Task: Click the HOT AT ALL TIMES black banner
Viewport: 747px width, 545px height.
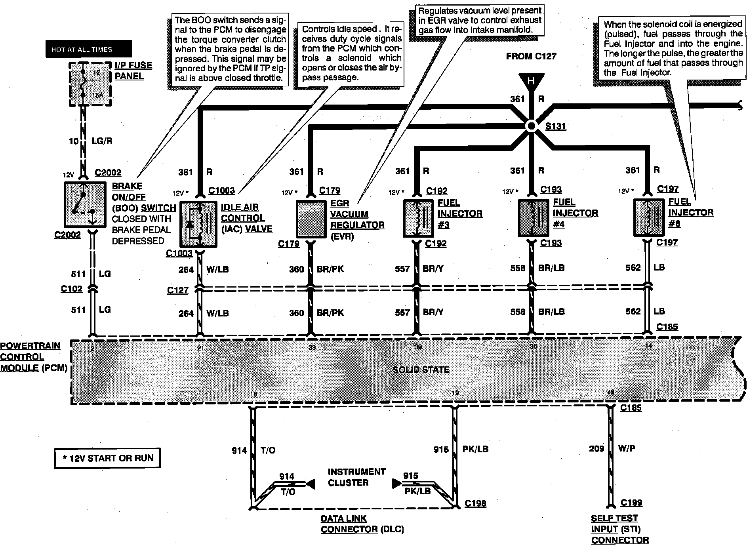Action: click(x=88, y=49)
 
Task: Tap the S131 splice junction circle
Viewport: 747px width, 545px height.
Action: click(x=531, y=126)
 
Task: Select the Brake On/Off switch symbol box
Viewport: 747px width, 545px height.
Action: click(x=85, y=204)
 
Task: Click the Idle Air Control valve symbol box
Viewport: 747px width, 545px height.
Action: click(x=198, y=224)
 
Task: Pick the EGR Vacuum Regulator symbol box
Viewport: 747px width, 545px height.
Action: click(x=311, y=219)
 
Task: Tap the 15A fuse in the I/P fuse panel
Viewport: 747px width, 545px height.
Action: click(x=83, y=84)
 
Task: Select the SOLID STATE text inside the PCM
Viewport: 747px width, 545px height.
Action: click(x=421, y=370)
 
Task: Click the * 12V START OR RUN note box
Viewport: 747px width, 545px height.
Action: click(x=108, y=458)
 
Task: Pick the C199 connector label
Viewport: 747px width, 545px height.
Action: click(x=631, y=503)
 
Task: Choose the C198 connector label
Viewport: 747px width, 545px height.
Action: click(x=475, y=503)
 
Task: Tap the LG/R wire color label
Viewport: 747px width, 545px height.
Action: click(x=102, y=141)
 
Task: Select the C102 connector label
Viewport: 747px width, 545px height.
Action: click(x=72, y=289)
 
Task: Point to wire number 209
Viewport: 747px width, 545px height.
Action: click(x=596, y=448)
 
